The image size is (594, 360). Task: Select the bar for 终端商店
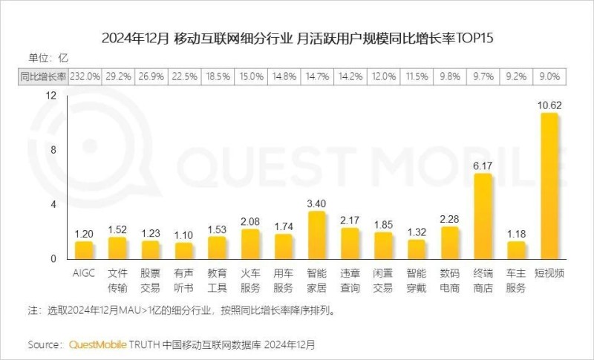[483, 216]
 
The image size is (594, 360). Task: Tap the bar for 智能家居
[317, 235]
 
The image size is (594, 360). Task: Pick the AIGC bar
[85, 250]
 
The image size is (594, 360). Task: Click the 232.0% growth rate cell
[85, 75]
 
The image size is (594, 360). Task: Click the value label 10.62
[549, 105]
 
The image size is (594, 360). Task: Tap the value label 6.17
[483, 166]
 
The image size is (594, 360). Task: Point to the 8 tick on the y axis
[52, 150]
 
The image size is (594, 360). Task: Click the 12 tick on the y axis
[50, 95]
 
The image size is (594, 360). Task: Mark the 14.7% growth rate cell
[317, 75]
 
